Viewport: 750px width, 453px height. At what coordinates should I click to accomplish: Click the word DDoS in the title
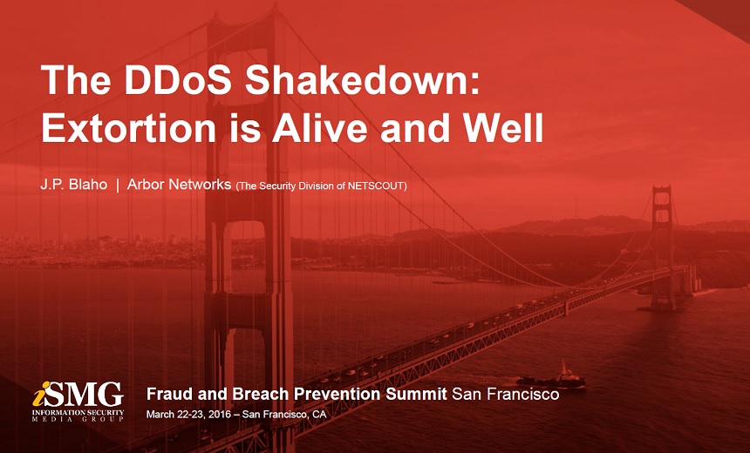coord(178,79)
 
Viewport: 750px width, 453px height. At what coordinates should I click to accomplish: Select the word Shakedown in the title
coord(362,79)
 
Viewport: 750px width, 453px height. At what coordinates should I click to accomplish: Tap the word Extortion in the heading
coord(129,127)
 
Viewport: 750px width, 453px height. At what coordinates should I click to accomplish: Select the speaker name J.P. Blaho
coord(73,185)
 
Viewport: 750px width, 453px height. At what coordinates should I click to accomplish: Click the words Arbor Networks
coord(179,185)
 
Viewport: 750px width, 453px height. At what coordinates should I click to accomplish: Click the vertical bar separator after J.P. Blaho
coord(118,186)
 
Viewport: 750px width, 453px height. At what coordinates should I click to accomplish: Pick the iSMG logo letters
coord(78,395)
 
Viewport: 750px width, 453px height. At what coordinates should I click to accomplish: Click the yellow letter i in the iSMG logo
coord(41,395)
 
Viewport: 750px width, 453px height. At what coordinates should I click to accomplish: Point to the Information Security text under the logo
coord(78,412)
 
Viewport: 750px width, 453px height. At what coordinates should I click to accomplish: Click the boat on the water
coord(551,376)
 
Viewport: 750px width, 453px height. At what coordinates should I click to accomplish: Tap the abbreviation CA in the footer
coord(319,415)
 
